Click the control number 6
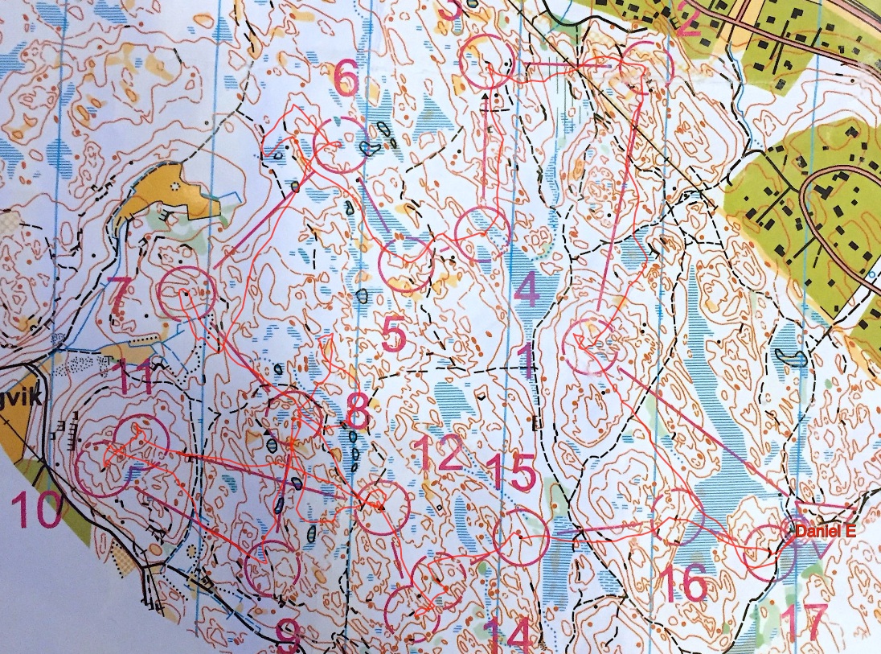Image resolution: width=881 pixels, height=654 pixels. click(346, 80)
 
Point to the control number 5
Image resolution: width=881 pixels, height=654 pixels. click(393, 336)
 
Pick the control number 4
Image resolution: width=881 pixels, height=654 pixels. click(527, 291)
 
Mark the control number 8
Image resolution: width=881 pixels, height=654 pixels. click(356, 411)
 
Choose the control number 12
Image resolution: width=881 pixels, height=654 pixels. click(440, 454)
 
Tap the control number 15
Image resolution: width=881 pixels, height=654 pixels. click(511, 472)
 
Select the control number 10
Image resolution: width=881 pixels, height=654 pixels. click(36, 512)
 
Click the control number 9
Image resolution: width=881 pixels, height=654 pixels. click(287, 635)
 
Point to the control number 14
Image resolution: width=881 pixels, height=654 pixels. click(508, 635)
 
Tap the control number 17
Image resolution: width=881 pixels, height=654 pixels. click(803, 622)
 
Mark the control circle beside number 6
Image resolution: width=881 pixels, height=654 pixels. click(338, 145)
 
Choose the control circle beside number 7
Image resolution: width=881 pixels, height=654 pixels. click(186, 293)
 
